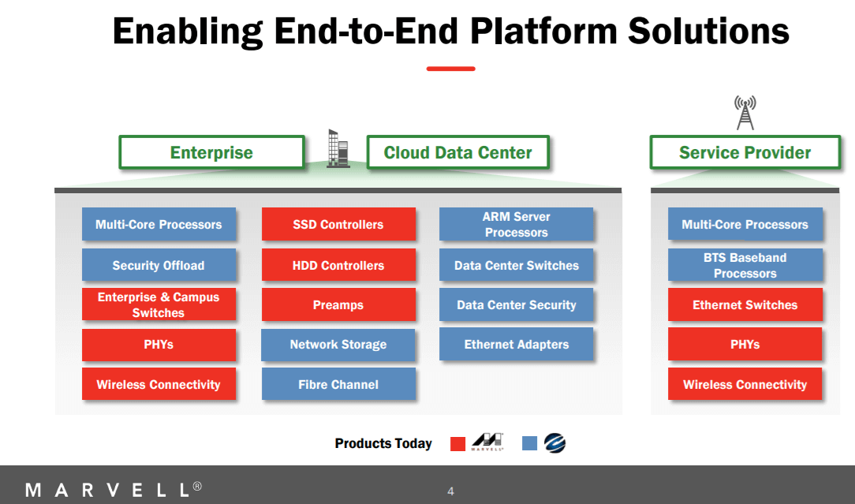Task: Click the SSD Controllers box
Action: click(x=338, y=224)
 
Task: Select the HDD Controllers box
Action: click(x=338, y=265)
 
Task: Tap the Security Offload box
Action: click(x=159, y=265)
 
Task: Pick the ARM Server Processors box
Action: click(x=516, y=224)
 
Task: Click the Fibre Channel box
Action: click(x=338, y=384)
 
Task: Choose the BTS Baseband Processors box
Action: click(x=745, y=265)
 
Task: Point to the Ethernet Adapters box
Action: click(x=516, y=344)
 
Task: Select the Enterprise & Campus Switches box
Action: click(x=159, y=304)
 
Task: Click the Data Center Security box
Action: click(x=516, y=304)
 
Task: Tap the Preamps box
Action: click(x=338, y=304)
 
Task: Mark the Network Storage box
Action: click(x=338, y=344)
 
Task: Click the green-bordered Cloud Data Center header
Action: click(x=457, y=152)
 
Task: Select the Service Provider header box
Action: click(x=745, y=152)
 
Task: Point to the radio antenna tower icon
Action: click(x=745, y=112)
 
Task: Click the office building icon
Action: click(x=338, y=148)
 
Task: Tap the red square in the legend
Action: click(x=457, y=443)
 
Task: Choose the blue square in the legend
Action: click(x=529, y=443)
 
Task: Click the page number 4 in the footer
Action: click(x=450, y=491)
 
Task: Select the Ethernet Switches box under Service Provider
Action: click(x=745, y=304)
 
